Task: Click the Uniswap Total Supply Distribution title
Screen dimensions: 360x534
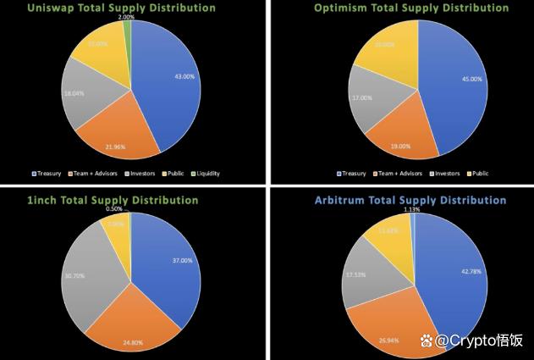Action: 132,8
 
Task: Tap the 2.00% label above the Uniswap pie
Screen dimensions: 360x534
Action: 126,17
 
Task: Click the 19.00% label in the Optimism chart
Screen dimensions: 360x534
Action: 401,145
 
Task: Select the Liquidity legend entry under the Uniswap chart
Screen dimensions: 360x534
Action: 205,174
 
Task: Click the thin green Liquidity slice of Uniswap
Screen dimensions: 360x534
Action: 128,30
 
